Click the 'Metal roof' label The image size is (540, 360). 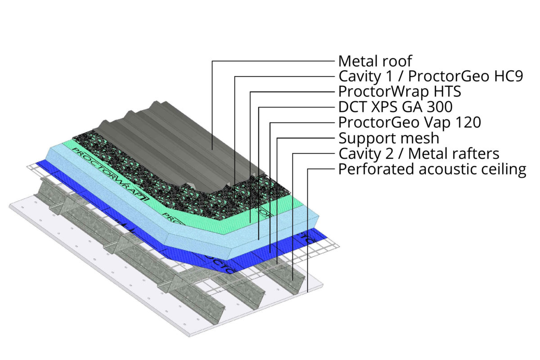tap(375, 61)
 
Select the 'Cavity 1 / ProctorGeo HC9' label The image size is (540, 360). tap(430, 76)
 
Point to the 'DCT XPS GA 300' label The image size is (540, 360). tap(395, 107)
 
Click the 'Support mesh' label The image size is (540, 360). tap(388, 138)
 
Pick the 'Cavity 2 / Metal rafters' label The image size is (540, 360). tap(418, 153)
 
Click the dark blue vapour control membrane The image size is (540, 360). tap(135, 216)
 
